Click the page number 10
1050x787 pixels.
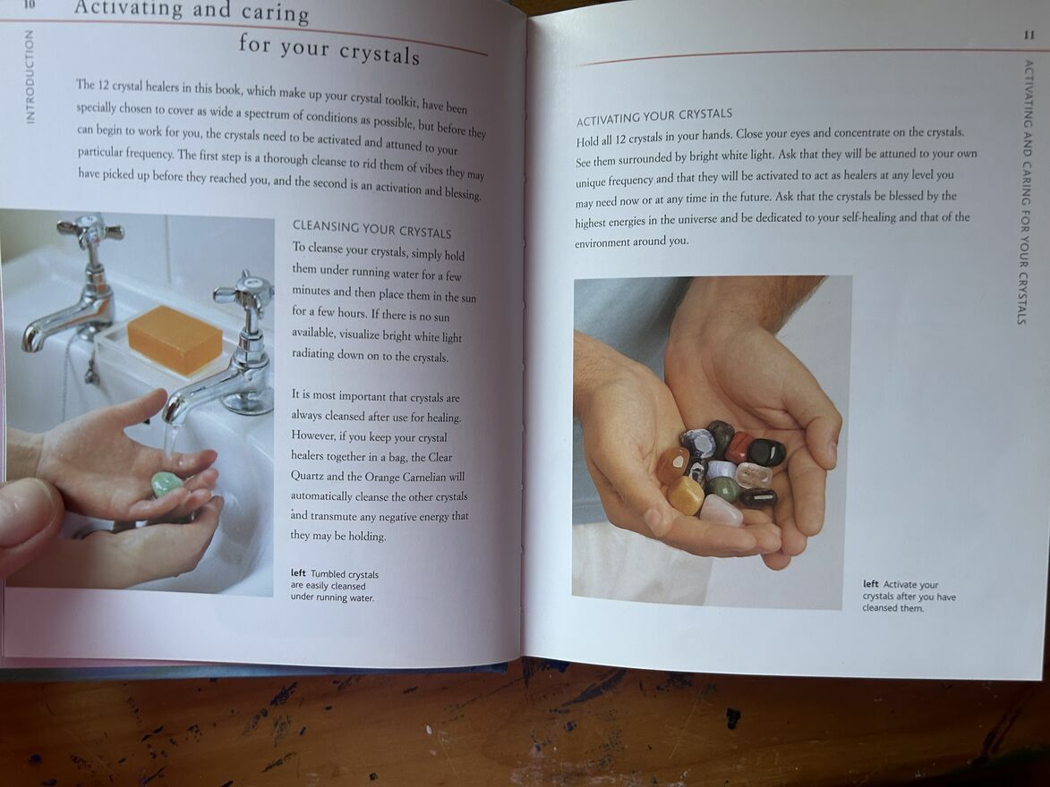click(29, 4)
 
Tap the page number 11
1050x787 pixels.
click(1029, 35)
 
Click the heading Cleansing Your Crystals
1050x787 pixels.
click(371, 229)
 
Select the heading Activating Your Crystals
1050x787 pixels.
click(654, 116)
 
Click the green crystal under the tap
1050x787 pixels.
click(164, 485)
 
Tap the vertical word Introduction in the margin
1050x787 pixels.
click(30, 76)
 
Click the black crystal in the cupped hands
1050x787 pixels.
click(767, 453)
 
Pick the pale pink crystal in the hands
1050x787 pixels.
click(721, 511)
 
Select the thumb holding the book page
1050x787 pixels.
click(28, 522)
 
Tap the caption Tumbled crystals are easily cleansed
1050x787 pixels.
click(334, 586)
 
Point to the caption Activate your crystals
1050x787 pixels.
click(909, 597)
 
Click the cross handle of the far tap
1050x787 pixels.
click(90, 230)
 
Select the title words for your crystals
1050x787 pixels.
click(329, 49)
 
